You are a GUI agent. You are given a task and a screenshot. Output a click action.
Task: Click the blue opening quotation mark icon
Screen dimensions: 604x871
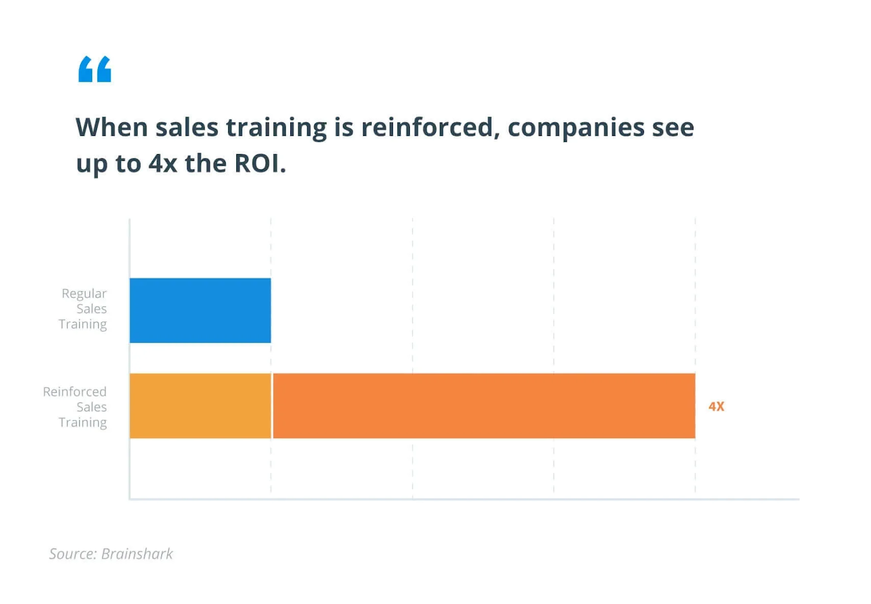(95, 69)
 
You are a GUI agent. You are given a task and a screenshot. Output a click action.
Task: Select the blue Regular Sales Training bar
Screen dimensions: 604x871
(200, 310)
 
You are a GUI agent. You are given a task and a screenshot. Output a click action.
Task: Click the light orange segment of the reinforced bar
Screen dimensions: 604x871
(200, 406)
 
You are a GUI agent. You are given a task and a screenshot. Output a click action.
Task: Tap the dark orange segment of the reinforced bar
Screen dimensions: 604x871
(483, 406)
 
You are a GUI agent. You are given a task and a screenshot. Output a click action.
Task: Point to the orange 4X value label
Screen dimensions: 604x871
(716, 406)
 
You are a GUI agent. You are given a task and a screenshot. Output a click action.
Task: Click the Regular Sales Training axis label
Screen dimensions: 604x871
(83, 309)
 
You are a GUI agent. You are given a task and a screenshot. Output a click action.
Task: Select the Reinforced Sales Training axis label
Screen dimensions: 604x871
(76, 407)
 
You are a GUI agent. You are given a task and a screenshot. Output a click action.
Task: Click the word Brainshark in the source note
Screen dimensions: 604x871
(137, 554)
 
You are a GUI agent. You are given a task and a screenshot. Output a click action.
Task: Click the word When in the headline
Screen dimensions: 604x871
(112, 127)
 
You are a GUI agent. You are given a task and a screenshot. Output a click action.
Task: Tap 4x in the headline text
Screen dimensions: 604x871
(163, 163)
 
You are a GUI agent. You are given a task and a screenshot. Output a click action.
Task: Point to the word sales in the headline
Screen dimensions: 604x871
(187, 127)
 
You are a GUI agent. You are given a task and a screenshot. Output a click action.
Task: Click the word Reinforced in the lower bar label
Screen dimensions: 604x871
(75, 392)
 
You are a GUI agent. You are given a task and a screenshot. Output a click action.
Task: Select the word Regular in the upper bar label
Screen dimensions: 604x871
(84, 293)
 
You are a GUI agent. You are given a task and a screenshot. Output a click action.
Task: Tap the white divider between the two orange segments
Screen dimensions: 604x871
(272, 406)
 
